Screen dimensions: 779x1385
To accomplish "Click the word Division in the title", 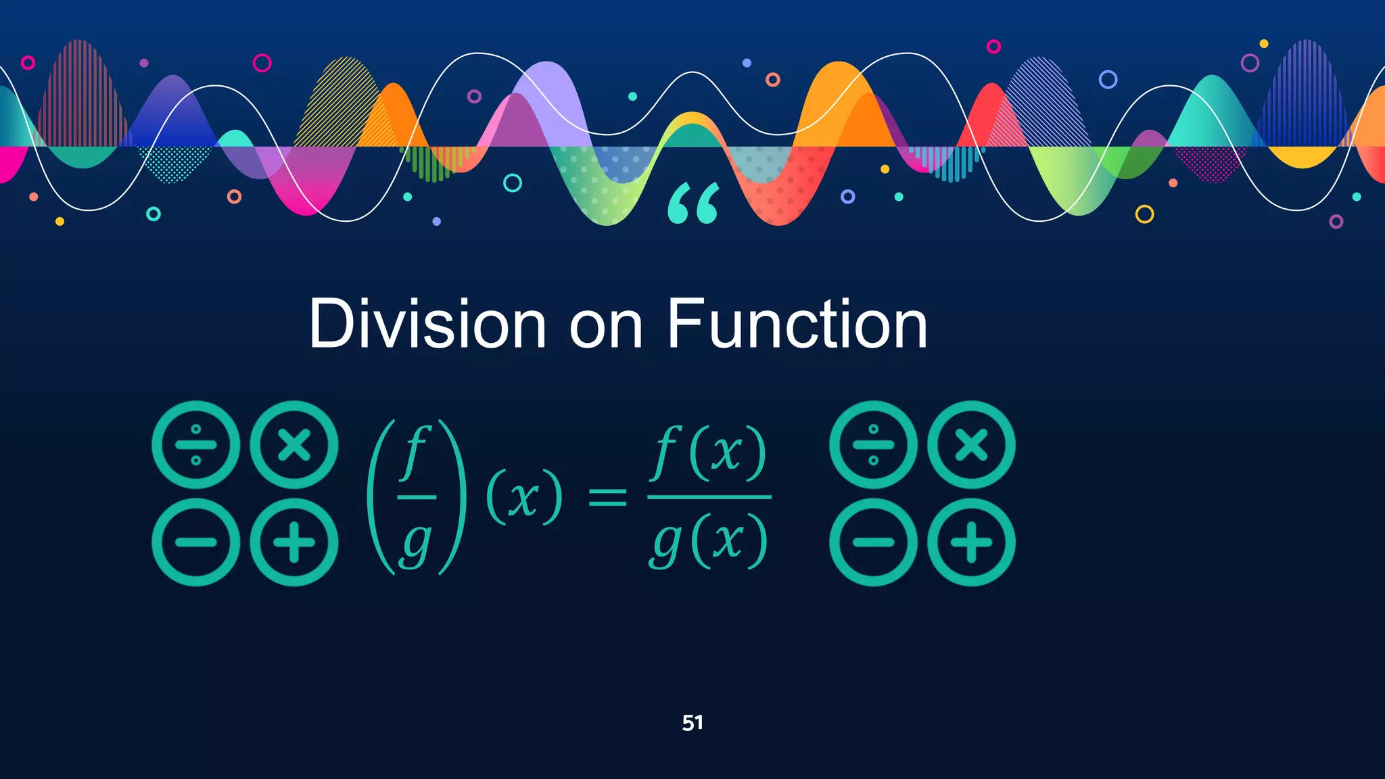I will point(427,325).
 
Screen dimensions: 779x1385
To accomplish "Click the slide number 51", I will point(692,723).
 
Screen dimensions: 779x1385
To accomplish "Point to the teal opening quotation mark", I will point(693,204).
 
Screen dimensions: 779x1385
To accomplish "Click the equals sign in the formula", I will point(607,499).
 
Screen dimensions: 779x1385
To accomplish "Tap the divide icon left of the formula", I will point(196,445).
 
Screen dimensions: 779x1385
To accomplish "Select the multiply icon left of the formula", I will point(294,445).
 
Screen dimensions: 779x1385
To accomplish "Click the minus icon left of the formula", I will point(196,542).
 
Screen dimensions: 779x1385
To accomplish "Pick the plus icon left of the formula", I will point(294,542).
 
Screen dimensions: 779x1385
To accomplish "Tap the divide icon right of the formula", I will point(873,445).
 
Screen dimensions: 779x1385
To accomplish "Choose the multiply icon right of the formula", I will point(971,445).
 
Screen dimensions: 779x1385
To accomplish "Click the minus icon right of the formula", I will point(873,542).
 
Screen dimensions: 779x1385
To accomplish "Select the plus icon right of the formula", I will point(971,542).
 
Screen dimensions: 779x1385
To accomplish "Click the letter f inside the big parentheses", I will point(415,453).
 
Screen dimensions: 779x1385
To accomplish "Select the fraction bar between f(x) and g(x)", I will point(709,497).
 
